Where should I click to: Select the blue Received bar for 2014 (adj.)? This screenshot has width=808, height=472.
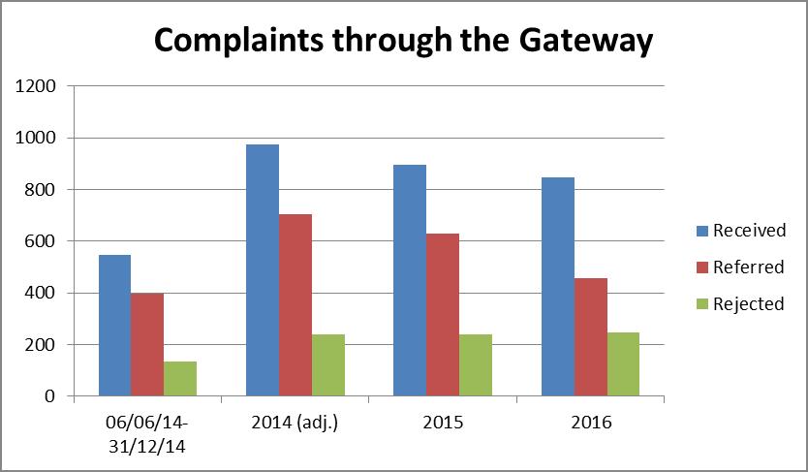pyautogui.click(x=262, y=270)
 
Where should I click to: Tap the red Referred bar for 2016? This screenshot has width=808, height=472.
pyautogui.click(x=590, y=337)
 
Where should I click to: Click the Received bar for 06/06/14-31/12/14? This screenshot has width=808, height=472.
pyautogui.click(x=114, y=326)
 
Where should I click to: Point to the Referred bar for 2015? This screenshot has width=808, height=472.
pyautogui.click(x=442, y=315)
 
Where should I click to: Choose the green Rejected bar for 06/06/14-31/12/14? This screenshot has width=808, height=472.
pyautogui.click(x=180, y=379)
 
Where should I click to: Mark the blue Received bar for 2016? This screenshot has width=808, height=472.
pyautogui.click(x=557, y=287)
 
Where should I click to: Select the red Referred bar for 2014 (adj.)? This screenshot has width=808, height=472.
pyautogui.click(x=295, y=305)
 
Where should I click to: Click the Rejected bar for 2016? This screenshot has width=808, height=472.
pyautogui.click(x=623, y=364)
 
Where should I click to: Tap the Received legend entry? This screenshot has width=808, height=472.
pyautogui.click(x=748, y=231)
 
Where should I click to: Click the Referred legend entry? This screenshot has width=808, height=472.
pyautogui.click(x=747, y=267)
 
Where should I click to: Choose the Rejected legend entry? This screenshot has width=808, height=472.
pyautogui.click(x=747, y=304)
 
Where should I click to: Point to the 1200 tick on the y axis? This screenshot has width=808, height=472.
pyautogui.click(x=37, y=87)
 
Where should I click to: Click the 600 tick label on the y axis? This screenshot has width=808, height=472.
pyautogui.click(x=42, y=241)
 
